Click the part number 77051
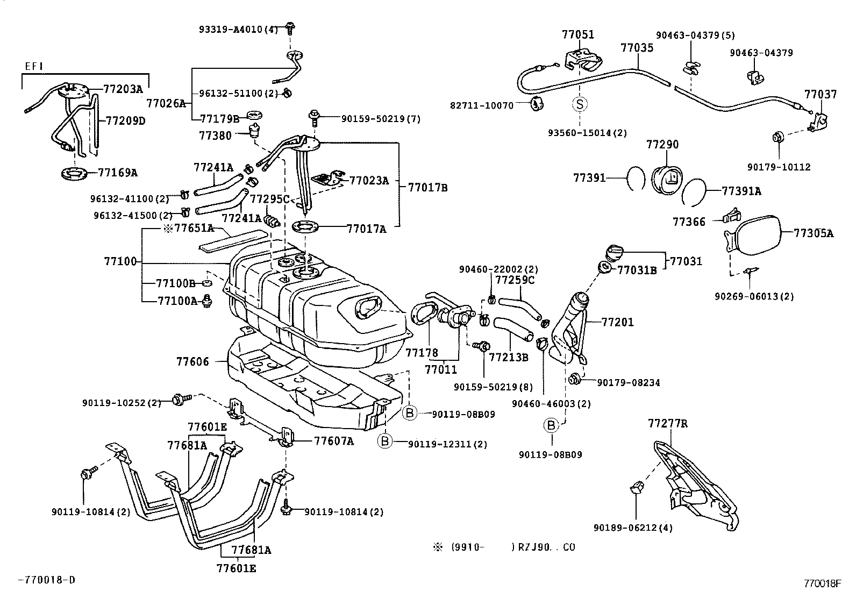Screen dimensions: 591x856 (578, 34)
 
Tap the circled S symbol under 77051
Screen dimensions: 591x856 (580, 104)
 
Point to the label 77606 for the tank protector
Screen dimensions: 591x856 (192, 362)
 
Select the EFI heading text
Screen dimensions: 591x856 (34, 66)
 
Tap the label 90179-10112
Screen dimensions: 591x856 (778, 167)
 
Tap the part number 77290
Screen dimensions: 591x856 (662, 145)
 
